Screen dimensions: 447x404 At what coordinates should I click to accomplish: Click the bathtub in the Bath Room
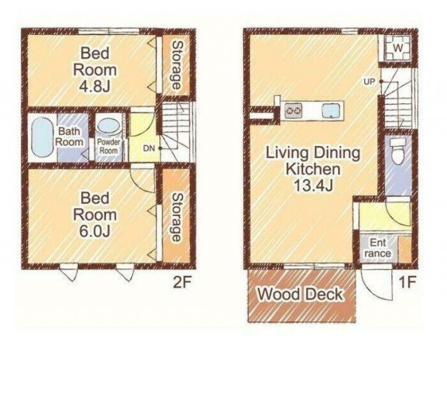click(x=42, y=137)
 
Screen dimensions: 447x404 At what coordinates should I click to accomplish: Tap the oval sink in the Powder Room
click(x=109, y=126)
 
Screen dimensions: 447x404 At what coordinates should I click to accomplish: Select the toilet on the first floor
click(x=398, y=151)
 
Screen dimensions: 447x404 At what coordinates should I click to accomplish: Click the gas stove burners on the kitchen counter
click(x=293, y=110)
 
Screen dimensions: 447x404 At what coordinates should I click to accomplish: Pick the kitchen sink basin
click(x=331, y=110)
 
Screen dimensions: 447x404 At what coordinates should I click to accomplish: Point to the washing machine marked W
click(x=397, y=48)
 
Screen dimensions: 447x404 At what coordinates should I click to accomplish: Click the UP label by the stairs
click(x=369, y=82)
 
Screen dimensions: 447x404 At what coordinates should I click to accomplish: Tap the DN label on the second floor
click(x=149, y=148)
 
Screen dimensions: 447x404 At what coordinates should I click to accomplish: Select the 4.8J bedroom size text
click(x=95, y=86)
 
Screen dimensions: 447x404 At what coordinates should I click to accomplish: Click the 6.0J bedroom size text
click(x=95, y=231)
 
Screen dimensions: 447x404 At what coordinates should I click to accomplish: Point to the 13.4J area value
click(x=313, y=186)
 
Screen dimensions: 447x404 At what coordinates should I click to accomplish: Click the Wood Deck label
click(x=300, y=294)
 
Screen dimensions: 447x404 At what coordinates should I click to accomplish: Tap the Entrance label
click(x=378, y=248)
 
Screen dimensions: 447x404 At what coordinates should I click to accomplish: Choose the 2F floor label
click(x=182, y=282)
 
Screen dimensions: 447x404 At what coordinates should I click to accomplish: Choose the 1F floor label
click(x=407, y=282)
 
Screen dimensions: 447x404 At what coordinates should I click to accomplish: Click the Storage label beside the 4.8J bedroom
click(x=177, y=65)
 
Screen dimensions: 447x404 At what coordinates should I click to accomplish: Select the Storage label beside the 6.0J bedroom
click(x=177, y=217)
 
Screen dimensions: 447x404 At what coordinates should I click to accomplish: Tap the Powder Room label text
click(x=108, y=146)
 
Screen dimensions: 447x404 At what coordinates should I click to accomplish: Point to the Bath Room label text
click(x=69, y=137)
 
